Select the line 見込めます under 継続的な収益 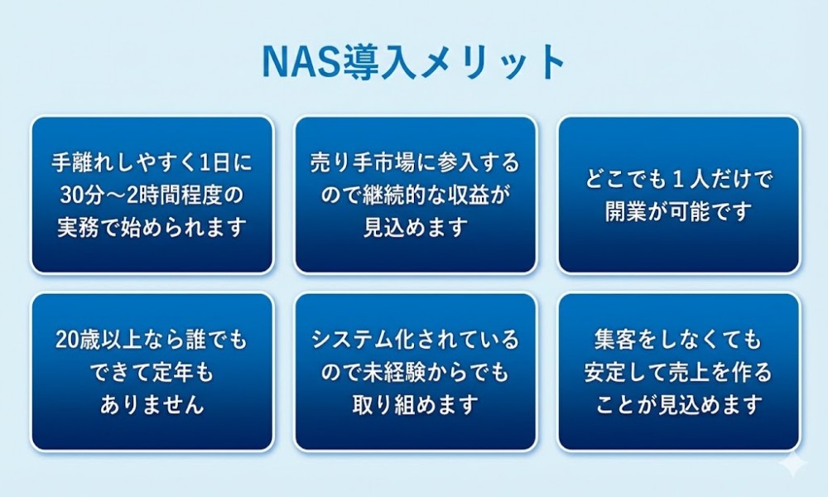(x=416, y=228)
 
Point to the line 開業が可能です (x=679, y=212)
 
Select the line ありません (x=152, y=405)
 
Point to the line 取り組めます (x=416, y=405)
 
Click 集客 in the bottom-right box (x=615, y=340)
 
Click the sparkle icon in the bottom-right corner (x=794, y=464)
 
